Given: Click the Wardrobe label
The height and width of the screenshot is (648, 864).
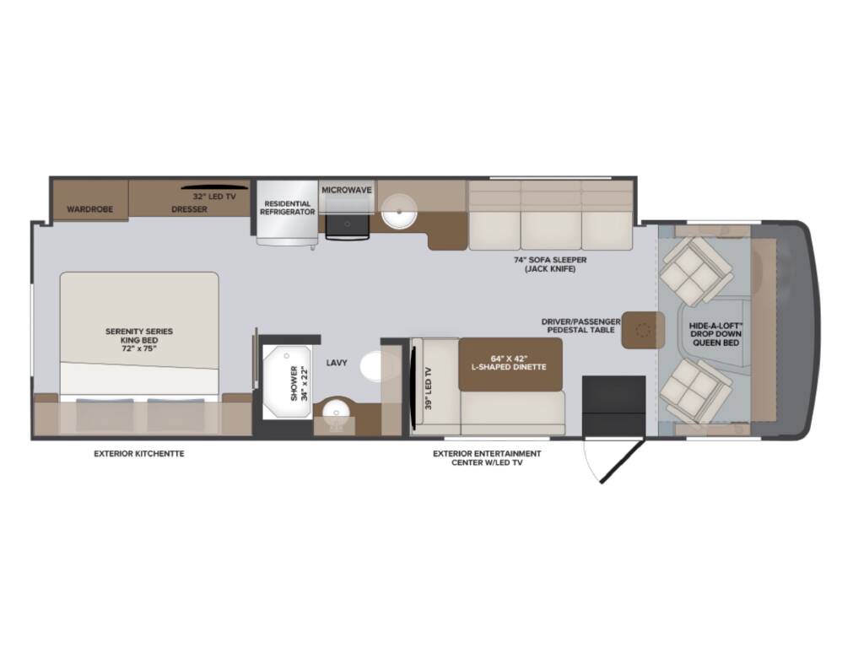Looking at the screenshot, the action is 89,209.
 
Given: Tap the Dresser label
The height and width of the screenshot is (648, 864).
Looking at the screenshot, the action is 189,209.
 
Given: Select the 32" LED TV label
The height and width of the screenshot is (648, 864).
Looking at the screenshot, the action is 214,196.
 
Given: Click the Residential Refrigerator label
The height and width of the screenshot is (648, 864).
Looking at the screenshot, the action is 287,208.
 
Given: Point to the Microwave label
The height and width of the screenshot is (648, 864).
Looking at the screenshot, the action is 347,190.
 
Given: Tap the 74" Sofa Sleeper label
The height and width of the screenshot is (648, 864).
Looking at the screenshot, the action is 550,264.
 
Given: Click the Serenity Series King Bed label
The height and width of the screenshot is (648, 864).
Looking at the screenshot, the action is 139,340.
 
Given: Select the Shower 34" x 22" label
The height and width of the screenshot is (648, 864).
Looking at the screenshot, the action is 298,383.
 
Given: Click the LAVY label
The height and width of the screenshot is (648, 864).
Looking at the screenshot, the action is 337,363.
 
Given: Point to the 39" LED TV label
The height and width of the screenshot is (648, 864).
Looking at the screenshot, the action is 429,388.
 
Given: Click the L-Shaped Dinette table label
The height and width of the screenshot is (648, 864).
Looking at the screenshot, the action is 510,362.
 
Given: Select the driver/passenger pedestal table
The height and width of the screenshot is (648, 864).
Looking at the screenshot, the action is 643,330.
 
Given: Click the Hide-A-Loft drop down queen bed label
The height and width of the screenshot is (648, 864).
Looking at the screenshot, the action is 715,334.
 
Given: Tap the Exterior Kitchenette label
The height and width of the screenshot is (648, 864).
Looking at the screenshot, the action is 139,454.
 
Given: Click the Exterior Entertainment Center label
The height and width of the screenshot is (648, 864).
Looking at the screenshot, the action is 487,458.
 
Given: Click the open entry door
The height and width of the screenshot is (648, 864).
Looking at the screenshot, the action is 622,462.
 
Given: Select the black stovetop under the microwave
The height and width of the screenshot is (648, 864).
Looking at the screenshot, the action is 347,226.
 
